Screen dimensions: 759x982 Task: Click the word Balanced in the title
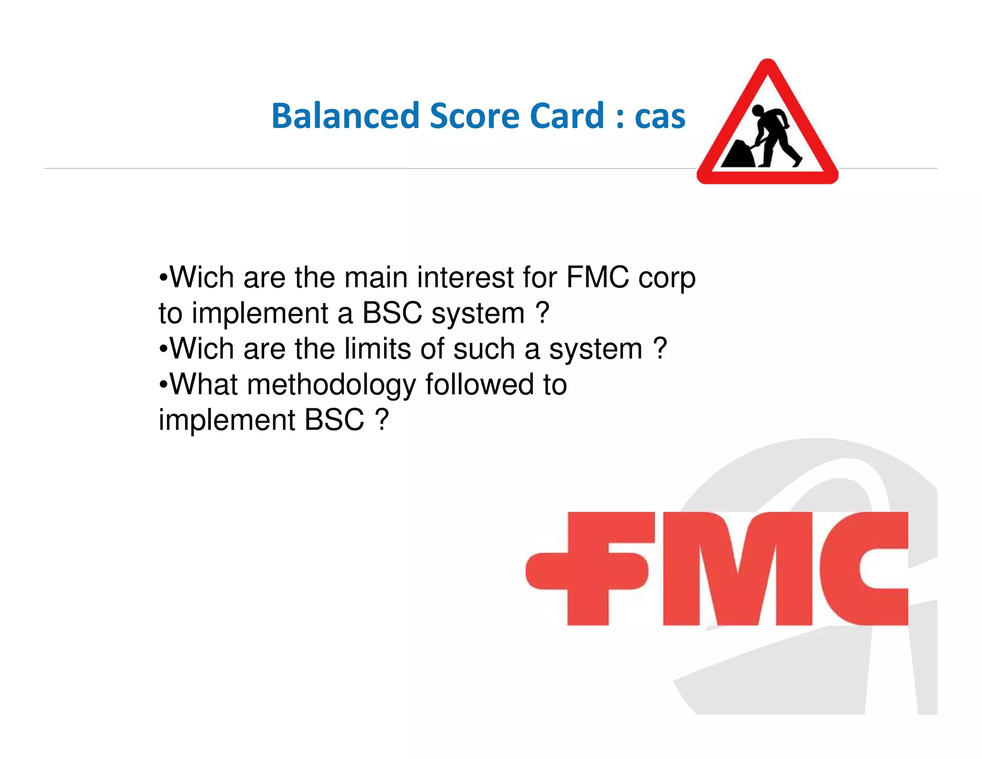pos(345,116)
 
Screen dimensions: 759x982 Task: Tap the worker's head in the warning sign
pos(758,111)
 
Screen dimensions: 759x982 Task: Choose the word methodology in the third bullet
pos(331,385)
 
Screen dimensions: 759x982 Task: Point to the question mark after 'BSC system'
pos(542,313)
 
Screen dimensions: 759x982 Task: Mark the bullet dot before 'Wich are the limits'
pos(164,349)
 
